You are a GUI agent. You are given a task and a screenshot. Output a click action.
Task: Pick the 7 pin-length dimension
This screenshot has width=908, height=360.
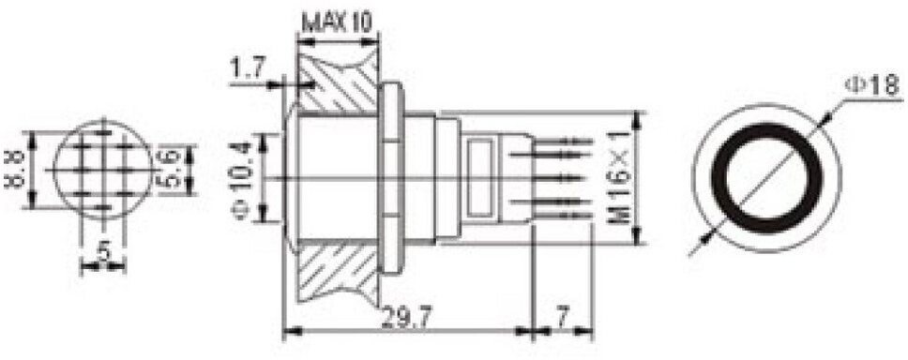(562, 316)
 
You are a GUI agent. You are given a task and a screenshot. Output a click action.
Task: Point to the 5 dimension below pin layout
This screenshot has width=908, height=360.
(104, 251)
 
